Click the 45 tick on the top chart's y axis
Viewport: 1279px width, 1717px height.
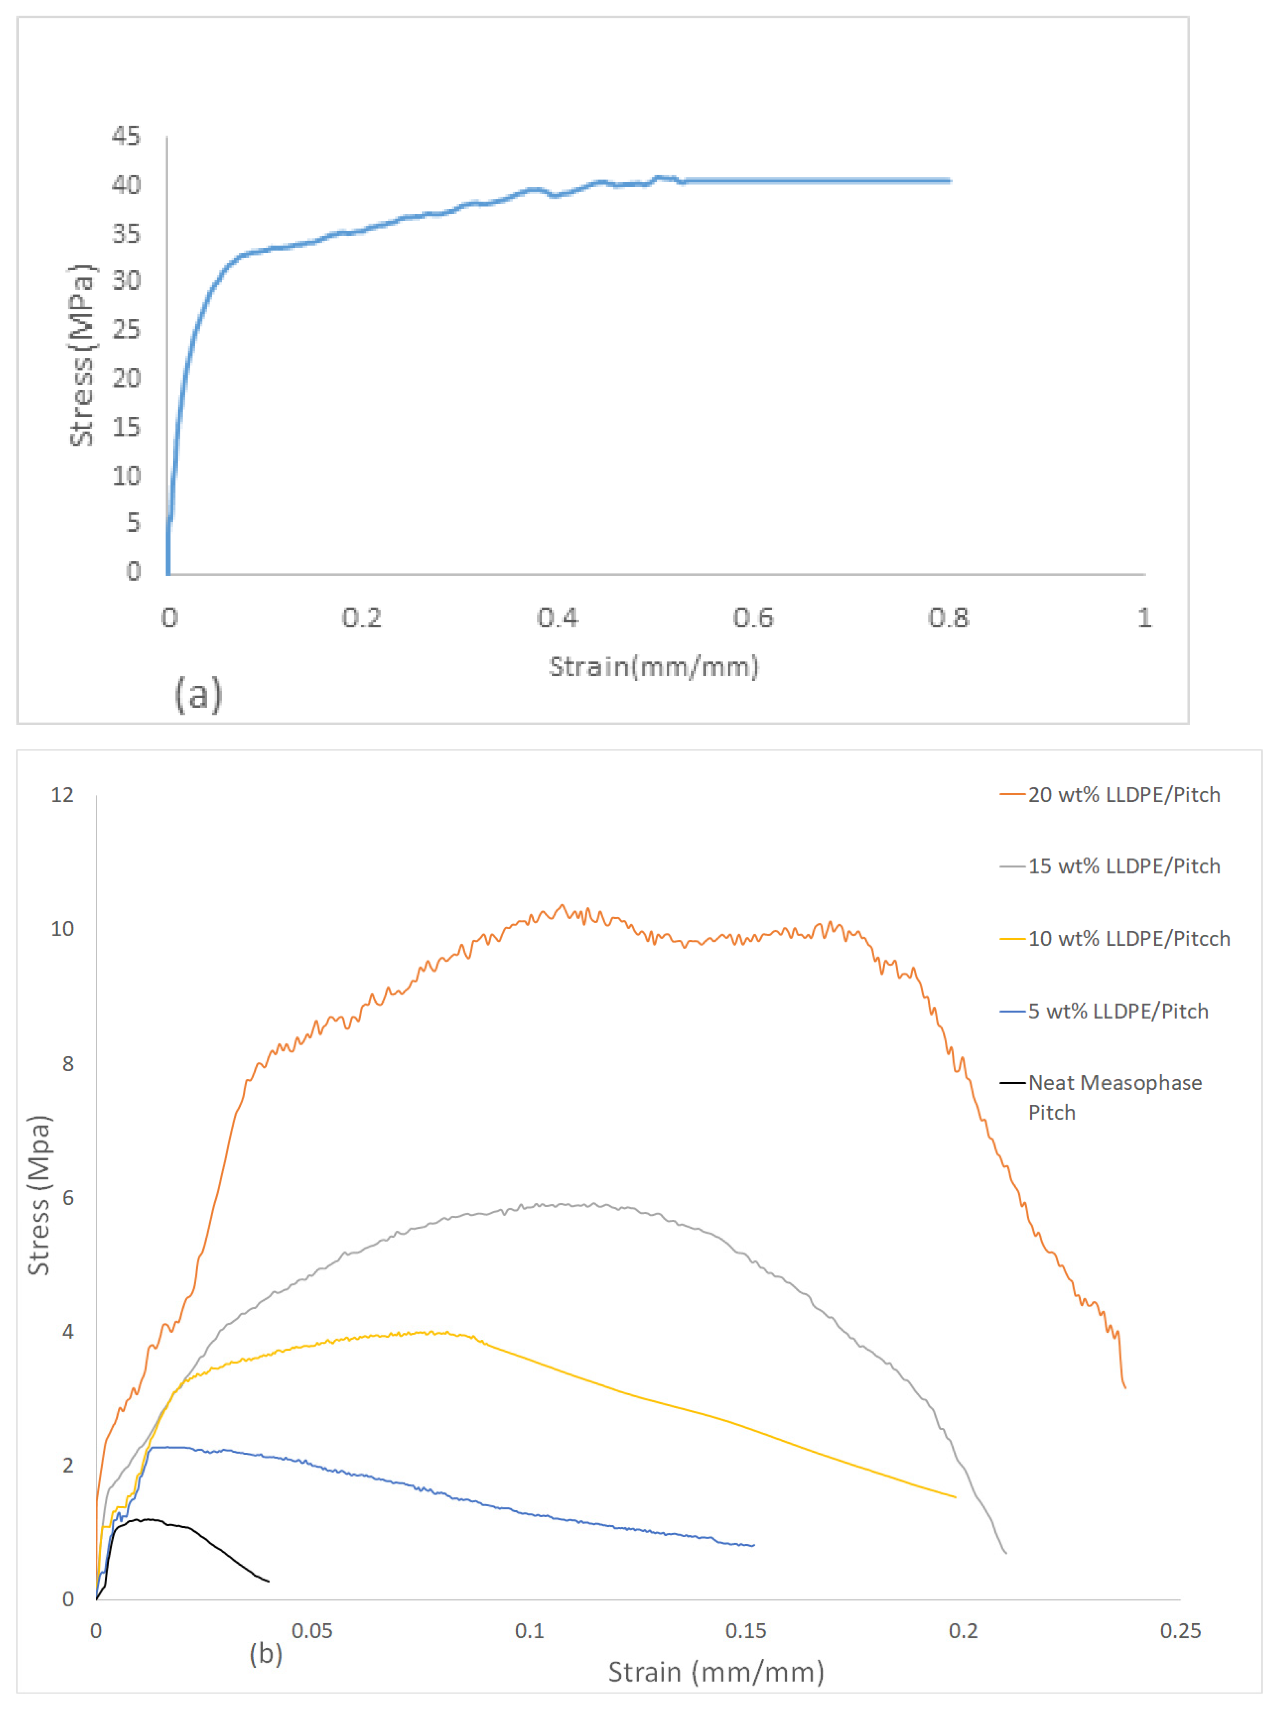126,136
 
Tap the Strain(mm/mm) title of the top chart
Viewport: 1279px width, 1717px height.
653,667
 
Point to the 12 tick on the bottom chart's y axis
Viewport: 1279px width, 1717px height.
63,795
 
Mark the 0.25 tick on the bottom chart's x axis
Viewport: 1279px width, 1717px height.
1180,1631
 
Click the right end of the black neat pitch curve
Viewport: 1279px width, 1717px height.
269,1581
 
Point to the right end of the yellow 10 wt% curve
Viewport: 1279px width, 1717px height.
955,1497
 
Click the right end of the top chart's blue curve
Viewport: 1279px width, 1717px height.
950,181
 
